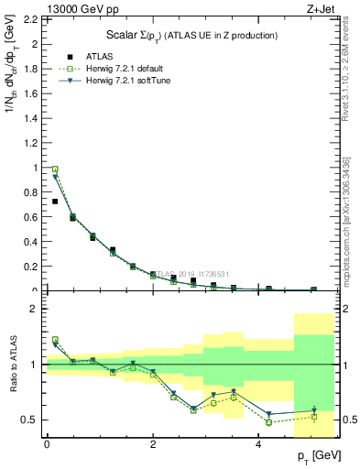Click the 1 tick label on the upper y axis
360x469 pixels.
coord(36,168)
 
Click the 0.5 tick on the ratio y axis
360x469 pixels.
coord(30,420)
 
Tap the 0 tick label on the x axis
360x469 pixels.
coord(47,444)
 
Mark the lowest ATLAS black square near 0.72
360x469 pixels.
coord(55,202)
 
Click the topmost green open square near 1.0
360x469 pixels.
coord(55,169)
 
